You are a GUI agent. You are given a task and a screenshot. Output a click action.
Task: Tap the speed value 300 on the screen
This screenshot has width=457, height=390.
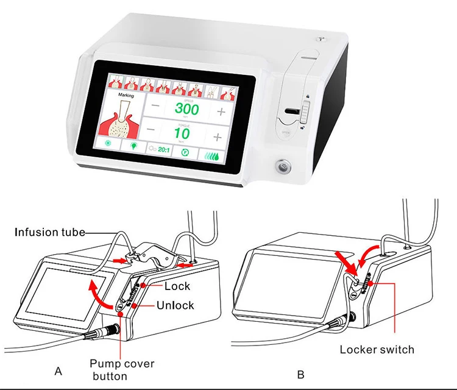coord(186,110)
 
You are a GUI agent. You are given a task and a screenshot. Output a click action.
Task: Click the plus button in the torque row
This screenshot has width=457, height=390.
coord(220,133)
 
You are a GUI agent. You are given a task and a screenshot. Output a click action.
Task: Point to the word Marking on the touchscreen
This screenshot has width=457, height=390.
coord(126,96)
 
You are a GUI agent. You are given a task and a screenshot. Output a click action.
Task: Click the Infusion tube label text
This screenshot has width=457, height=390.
coord(50,232)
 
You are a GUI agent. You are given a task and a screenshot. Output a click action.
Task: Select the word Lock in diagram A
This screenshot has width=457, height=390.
coord(177,286)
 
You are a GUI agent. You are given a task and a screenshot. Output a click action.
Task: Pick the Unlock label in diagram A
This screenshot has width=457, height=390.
coord(175,305)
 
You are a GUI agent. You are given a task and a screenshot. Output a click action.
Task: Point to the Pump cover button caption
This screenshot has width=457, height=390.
coord(122,370)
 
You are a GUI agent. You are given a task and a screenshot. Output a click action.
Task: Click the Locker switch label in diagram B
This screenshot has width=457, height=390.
coord(377,350)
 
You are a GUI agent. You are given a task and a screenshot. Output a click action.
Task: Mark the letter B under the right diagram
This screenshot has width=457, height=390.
coord(300,374)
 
